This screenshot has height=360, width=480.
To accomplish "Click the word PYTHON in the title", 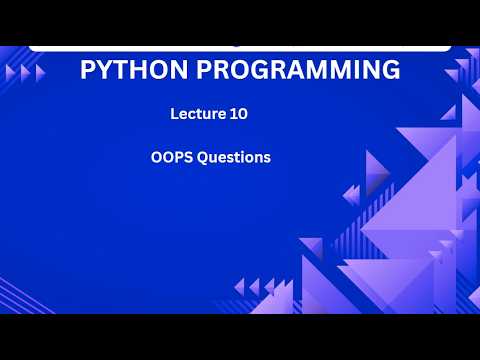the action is tap(134, 69).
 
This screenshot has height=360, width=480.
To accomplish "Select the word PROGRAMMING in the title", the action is tap(298, 69).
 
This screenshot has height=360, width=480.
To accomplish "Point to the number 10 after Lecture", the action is tap(239, 114).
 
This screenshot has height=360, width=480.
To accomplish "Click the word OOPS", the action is tap(172, 157).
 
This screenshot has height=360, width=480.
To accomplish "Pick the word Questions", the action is tap(234, 157).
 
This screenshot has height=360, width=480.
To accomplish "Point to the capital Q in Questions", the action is tap(203, 158).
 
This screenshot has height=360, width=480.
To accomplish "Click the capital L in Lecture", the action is tap(174, 114).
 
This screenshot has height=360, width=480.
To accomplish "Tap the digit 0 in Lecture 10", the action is tap(243, 114).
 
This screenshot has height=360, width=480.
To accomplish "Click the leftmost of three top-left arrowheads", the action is tap(10, 73).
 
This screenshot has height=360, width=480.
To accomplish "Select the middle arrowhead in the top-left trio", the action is tap(25, 73).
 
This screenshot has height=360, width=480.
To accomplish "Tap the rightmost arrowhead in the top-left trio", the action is tap(40, 73).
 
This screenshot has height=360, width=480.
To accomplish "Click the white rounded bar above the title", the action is tap(240, 49).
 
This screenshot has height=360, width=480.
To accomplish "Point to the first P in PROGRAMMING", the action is tap(204, 69).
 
